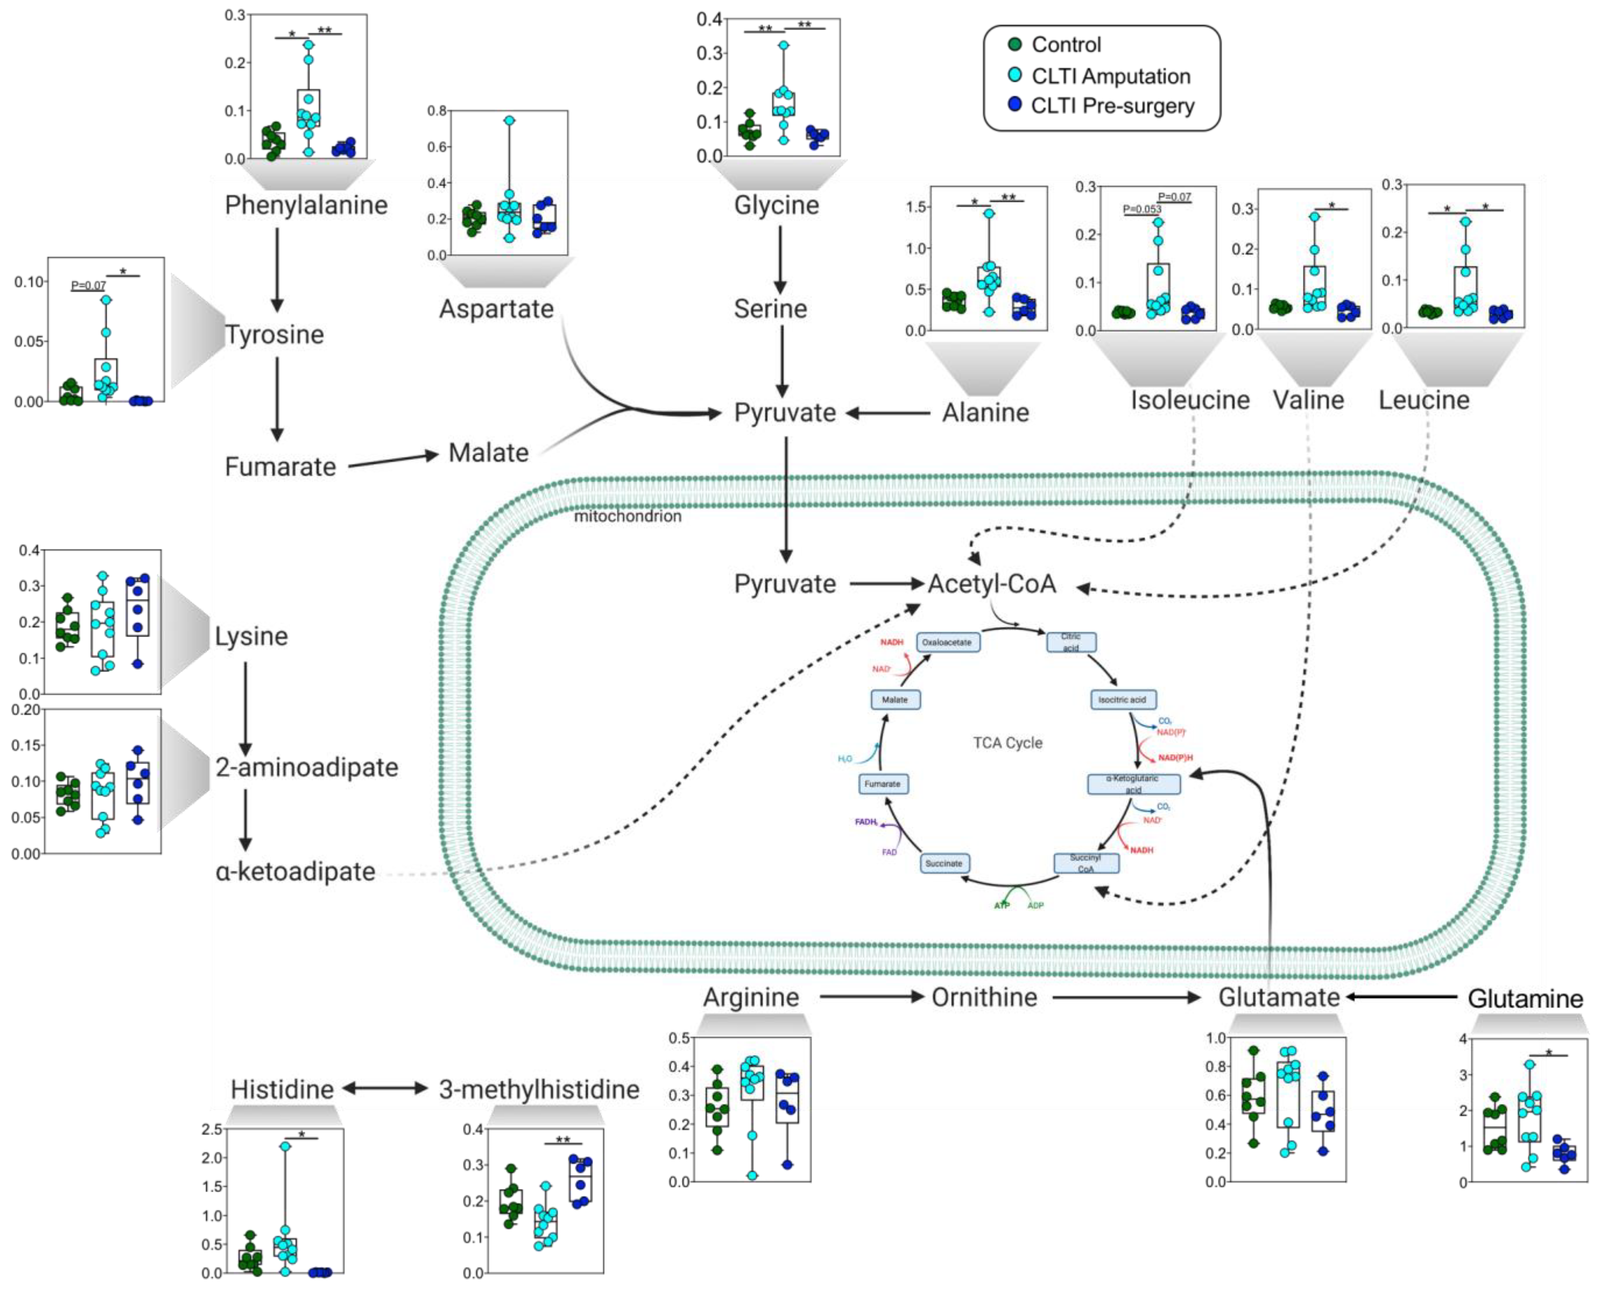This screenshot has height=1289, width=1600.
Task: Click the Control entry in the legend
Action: click(1066, 45)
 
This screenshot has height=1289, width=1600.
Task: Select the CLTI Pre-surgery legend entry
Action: click(1111, 106)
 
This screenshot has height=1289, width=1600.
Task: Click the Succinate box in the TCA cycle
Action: click(944, 863)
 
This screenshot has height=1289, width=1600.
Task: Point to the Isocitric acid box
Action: click(1122, 700)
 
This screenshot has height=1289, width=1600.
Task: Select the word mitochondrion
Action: click(627, 516)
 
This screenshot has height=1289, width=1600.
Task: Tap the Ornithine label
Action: click(984, 997)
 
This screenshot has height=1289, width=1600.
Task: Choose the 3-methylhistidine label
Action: click(539, 1089)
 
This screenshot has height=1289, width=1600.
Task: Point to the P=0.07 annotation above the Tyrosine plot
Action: click(89, 285)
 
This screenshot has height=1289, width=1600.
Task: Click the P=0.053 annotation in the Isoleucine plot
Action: click(1142, 208)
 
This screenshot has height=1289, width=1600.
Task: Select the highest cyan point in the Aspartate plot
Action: click(509, 120)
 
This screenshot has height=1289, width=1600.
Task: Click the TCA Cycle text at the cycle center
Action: click(1008, 742)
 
